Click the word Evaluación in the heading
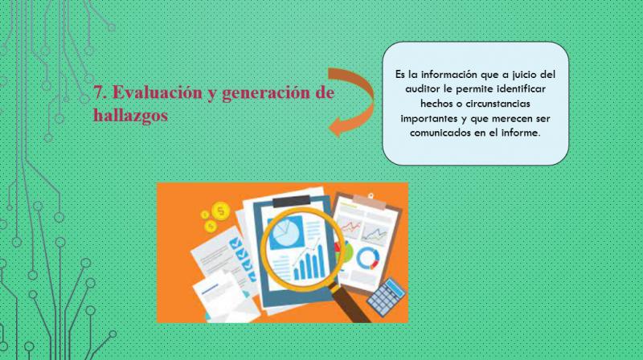[x=157, y=92]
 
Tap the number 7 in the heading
[x=97, y=92]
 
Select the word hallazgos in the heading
[x=130, y=115]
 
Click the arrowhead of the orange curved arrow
[x=336, y=125]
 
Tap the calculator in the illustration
[x=387, y=297]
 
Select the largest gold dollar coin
[x=220, y=211]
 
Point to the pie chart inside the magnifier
[x=285, y=233]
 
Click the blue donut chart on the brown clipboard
[x=368, y=258]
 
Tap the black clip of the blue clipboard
[x=292, y=201]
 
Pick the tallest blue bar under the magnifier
[x=318, y=262]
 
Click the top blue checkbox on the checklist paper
[x=235, y=243]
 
